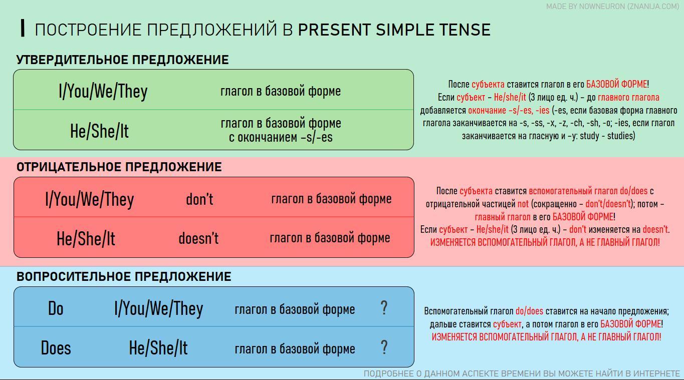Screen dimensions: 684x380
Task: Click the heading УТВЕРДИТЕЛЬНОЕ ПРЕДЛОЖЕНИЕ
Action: (x=122, y=60)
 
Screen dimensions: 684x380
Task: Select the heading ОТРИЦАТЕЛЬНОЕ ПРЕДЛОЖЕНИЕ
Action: (x=119, y=167)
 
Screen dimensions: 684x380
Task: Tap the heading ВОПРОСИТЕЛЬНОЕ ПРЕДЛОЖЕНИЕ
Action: (x=124, y=276)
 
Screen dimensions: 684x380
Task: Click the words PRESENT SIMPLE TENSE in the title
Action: (x=394, y=30)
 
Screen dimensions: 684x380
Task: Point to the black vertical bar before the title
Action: (x=23, y=28)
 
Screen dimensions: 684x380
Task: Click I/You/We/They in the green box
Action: (x=103, y=92)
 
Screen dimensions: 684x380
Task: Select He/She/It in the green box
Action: (x=99, y=131)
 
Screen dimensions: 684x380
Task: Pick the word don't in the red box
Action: (x=199, y=199)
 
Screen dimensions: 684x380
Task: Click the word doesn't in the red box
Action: (x=198, y=238)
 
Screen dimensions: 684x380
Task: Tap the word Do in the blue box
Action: (x=56, y=308)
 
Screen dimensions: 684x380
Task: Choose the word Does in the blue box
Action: (x=56, y=348)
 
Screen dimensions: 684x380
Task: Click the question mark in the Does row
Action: (x=384, y=347)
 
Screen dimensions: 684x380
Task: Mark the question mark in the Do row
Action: (x=384, y=308)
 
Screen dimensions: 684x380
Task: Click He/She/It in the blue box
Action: (x=158, y=348)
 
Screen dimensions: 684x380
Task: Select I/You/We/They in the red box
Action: (x=90, y=199)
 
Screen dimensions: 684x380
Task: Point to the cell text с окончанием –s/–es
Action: (x=281, y=137)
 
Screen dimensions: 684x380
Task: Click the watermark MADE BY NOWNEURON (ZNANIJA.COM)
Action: (x=613, y=7)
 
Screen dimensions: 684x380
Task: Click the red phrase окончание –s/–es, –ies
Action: (x=509, y=110)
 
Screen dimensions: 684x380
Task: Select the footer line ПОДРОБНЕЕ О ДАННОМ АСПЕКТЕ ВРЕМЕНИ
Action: (x=522, y=373)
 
